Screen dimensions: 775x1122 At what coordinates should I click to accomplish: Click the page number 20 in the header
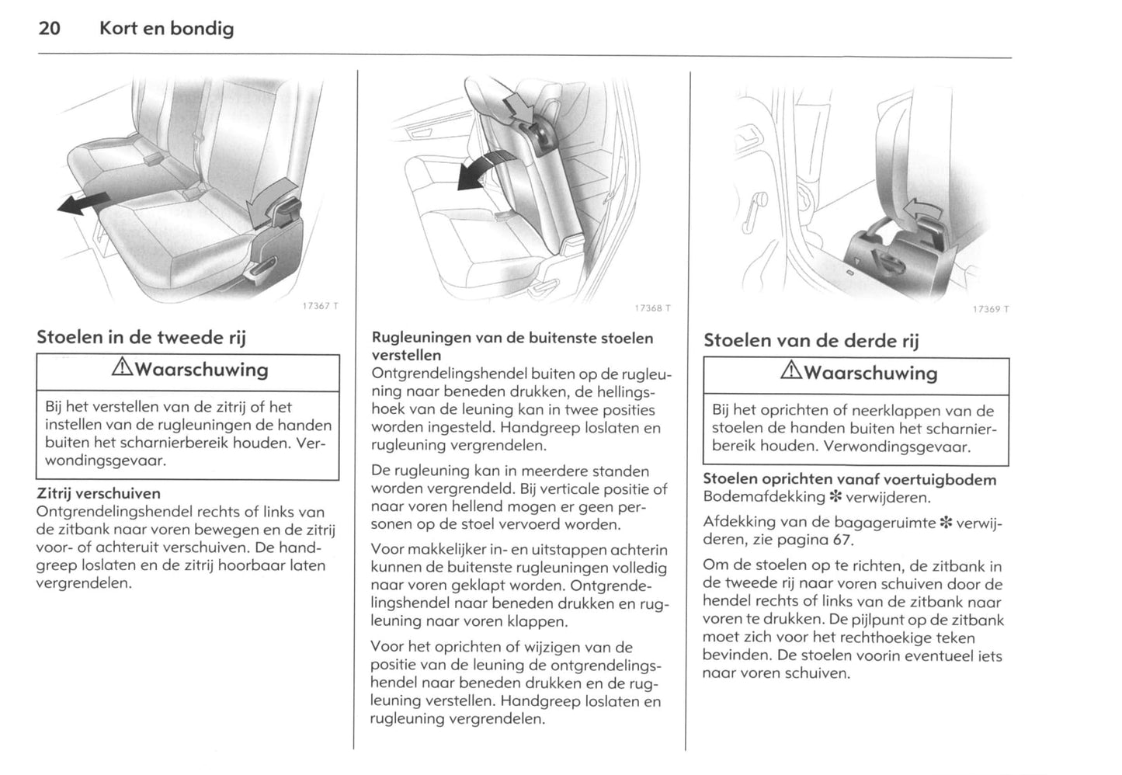tap(49, 29)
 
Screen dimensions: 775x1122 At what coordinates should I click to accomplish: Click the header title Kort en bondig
tap(166, 29)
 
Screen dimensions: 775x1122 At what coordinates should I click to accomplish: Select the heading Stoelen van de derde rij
tap(811, 340)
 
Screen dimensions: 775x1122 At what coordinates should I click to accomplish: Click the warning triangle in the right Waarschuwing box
tap(792, 373)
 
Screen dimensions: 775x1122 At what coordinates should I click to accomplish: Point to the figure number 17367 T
tap(320, 306)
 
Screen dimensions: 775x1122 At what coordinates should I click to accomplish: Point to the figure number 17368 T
tap(652, 308)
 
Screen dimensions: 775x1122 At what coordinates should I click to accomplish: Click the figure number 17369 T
tap(991, 309)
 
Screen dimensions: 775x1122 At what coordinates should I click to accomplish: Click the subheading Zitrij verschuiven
tap(99, 493)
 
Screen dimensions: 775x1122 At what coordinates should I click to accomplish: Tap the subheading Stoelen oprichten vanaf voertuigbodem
tap(849, 479)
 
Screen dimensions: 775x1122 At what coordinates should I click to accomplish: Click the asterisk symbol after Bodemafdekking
tap(835, 497)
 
